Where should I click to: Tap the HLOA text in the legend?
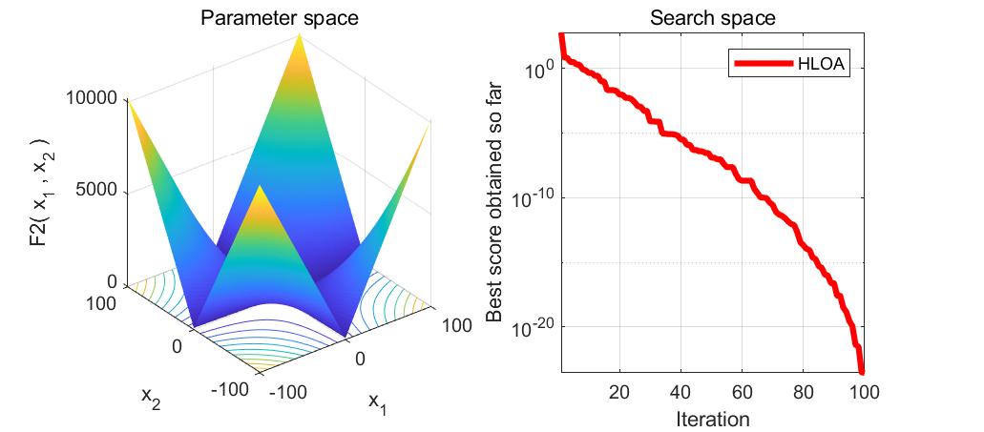click(816, 64)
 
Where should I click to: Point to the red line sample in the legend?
click(764, 64)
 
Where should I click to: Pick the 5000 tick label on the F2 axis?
click(96, 190)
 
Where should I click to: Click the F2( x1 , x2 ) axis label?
click(39, 192)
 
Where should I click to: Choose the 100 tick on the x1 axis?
click(456, 325)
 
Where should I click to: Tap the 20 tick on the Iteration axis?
click(619, 392)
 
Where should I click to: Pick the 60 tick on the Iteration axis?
click(742, 392)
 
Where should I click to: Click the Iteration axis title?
click(712, 418)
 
